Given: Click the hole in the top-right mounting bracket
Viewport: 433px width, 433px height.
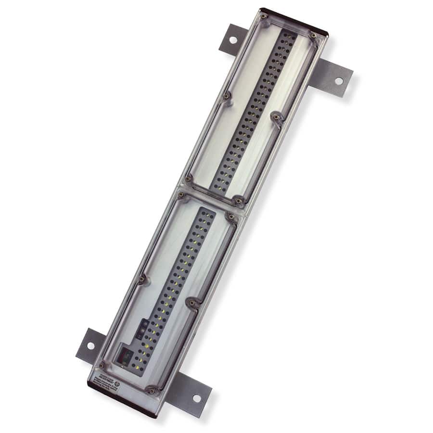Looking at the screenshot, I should (339, 81).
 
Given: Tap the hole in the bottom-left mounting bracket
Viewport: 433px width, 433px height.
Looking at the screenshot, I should (90, 345).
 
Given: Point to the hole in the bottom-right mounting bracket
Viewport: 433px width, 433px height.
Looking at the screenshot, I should (196, 398).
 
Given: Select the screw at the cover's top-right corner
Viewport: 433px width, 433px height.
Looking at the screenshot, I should (313, 35).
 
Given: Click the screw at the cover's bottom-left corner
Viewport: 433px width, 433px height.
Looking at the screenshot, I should (102, 364).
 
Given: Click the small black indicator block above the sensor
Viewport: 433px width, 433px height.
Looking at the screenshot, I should (142, 329).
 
